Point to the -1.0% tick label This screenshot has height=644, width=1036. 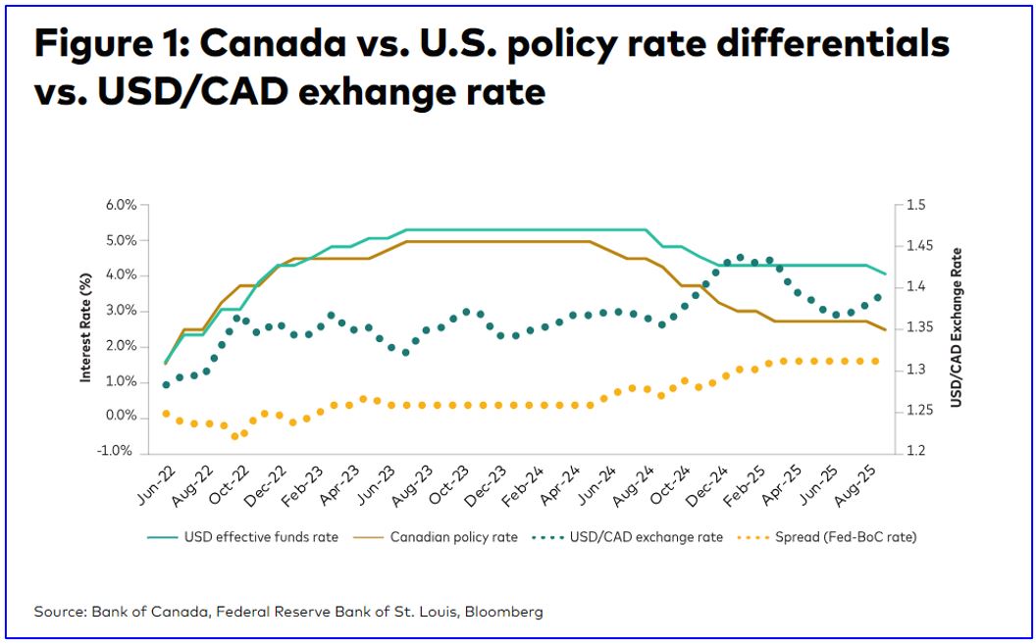pyautogui.click(x=117, y=452)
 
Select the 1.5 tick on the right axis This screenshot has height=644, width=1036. pyautogui.click(x=916, y=205)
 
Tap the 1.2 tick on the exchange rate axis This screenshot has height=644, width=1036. pyautogui.click(x=916, y=452)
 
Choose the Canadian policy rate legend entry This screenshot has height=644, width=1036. pyautogui.click(x=447, y=537)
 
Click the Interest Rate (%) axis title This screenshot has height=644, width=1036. pyautogui.click(x=86, y=329)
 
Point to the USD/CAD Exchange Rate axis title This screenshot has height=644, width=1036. pyautogui.click(x=956, y=327)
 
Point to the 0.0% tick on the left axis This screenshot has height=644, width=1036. pyautogui.click(x=119, y=417)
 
